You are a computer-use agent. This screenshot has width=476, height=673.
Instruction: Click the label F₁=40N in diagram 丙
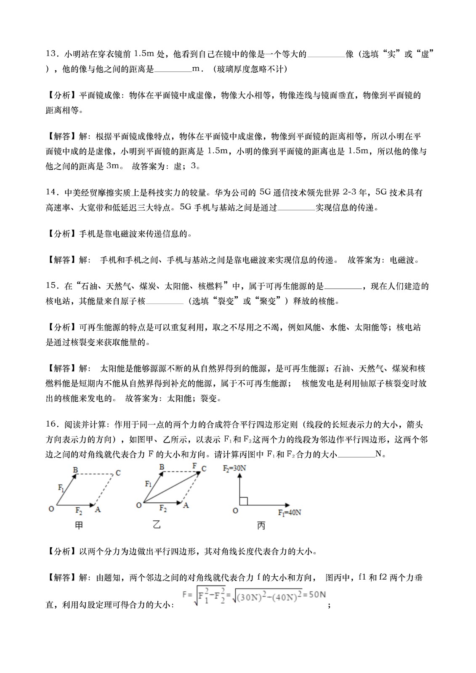tap(289, 512)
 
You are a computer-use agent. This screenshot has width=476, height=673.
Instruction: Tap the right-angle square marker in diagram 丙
tap(243, 501)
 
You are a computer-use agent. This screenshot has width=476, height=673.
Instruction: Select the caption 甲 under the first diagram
tap(79, 525)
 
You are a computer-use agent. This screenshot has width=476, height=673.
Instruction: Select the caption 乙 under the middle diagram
tap(157, 525)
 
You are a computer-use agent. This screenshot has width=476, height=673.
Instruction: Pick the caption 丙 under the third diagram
tap(261, 526)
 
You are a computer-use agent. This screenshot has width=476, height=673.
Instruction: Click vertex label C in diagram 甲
tap(118, 473)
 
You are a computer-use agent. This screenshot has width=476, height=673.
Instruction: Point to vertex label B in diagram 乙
tap(162, 467)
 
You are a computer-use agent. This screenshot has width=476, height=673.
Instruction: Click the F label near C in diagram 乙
tap(194, 466)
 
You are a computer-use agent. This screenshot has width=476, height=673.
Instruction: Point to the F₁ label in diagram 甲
tap(61, 488)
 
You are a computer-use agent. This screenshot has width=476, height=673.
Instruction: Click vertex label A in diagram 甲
tap(98, 510)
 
